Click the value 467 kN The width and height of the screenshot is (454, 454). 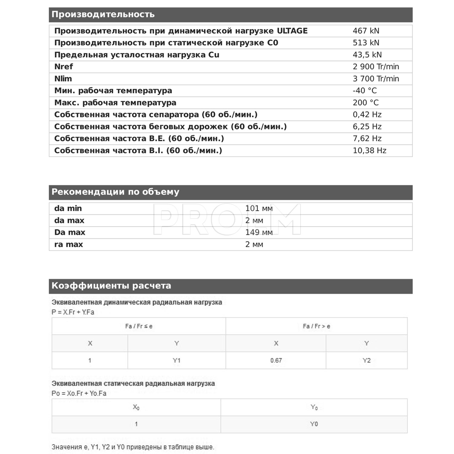pyautogui.click(x=366, y=31)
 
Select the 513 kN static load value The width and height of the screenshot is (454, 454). pyautogui.click(x=366, y=43)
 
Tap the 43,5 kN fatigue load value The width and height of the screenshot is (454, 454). pyautogui.click(x=367, y=55)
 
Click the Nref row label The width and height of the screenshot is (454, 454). pyautogui.click(x=64, y=67)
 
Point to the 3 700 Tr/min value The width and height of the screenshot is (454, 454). pyautogui.click(x=376, y=79)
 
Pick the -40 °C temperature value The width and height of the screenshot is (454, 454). pyautogui.click(x=364, y=90)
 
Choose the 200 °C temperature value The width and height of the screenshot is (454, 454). pyautogui.click(x=365, y=103)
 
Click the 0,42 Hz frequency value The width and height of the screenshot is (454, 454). pyautogui.click(x=367, y=114)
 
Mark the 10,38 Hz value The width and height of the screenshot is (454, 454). pyautogui.click(x=369, y=150)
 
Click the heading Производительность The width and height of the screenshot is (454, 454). pyautogui.click(x=103, y=15)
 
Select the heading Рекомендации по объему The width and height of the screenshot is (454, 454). pyautogui.click(x=115, y=192)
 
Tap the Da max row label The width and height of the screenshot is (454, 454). pyautogui.click(x=70, y=232)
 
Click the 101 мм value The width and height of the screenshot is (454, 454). pyautogui.click(x=259, y=209)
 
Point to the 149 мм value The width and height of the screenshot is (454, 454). pyautogui.click(x=259, y=232)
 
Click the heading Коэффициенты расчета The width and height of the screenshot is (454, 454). pyautogui.click(x=111, y=286)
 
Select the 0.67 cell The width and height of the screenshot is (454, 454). pyautogui.click(x=276, y=360)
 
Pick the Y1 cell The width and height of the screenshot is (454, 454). pyautogui.click(x=176, y=360)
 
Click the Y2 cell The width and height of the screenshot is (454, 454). pyautogui.click(x=367, y=360)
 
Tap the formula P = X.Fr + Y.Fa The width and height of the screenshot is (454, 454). pyautogui.click(x=73, y=312)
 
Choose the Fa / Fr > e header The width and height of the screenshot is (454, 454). pyautogui.click(x=316, y=326)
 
